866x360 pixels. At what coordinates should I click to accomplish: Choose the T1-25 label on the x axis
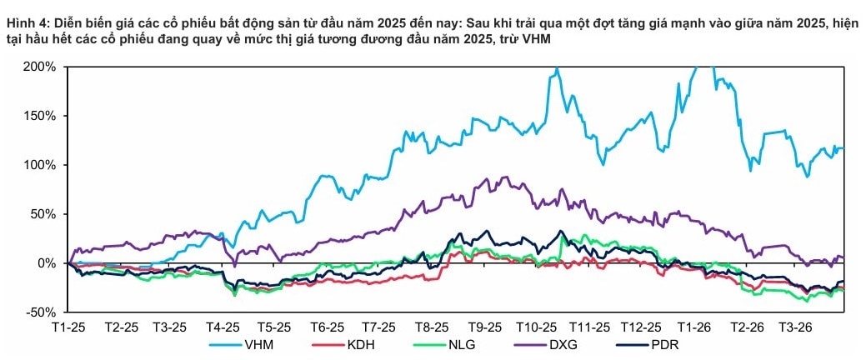tap(70, 327)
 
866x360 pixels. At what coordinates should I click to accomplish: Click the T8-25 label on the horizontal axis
tap(432, 327)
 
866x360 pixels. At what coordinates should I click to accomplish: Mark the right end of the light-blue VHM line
tap(843, 148)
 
